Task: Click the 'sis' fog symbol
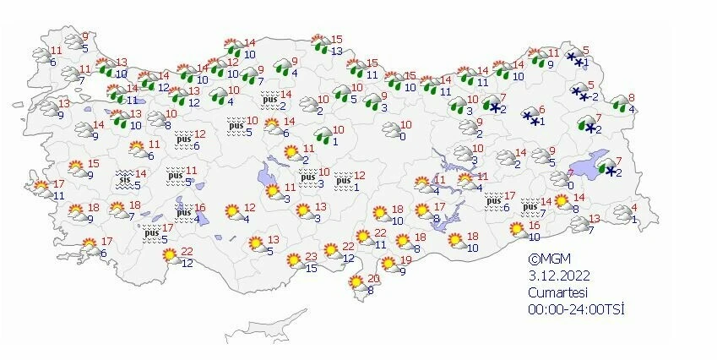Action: pyautogui.click(x=125, y=178)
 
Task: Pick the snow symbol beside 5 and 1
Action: pyautogui.click(x=576, y=57)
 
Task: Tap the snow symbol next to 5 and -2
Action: pyautogui.click(x=579, y=91)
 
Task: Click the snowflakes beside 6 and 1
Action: pyautogui.click(x=530, y=117)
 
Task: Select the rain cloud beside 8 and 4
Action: pyautogui.click(x=621, y=104)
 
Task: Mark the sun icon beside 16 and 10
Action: pyautogui.click(x=516, y=229)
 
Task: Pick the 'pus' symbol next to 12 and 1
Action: pyautogui.click(x=342, y=180)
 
